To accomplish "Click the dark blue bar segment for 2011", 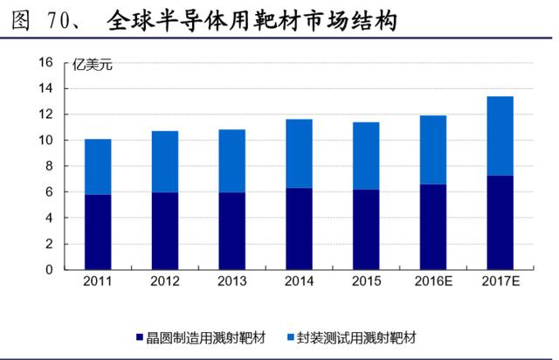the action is (98, 232).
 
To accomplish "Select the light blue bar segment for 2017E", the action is (500, 136).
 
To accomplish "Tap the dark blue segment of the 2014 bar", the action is (299, 229).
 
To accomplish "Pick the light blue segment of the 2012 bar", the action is (165, 162).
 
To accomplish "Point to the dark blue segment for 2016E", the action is (433, 227).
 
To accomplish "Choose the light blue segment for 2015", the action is (366, 156).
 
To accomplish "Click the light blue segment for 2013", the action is (232, 161).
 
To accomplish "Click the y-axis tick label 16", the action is (46, 62).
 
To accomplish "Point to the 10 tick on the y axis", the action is (46, 140).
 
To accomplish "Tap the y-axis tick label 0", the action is (49, 270).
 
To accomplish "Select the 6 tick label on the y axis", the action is (49, 192).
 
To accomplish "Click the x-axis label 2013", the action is (232, 281).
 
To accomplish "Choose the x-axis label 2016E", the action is (433, 281).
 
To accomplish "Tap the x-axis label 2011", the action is (98, 281).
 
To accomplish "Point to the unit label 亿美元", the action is (93, 65).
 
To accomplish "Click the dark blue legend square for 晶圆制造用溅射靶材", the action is (140, 337).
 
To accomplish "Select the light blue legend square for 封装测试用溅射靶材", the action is (291, 337).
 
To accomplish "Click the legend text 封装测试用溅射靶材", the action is (356, 337).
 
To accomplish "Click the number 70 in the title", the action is (59, 20).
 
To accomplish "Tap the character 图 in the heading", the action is (20, 20).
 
